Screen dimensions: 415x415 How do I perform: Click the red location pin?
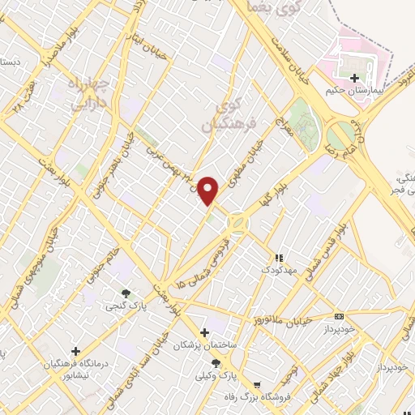click(208, 190)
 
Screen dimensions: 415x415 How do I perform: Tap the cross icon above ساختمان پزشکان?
click(204, 332)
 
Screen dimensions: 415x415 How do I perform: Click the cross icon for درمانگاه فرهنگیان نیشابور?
click(75, 352)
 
